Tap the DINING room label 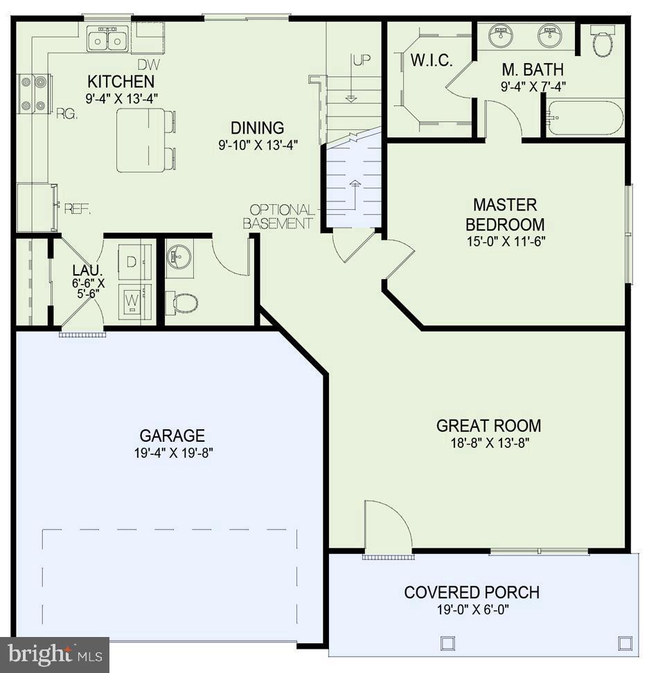point(257,128)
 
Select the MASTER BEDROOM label point(505,215)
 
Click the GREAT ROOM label point(488,426)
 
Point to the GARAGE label point(172,436)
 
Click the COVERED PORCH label point(472,593)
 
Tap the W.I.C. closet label point(432,61)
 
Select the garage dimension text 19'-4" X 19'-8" point(172,454)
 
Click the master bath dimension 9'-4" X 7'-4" point(533,87)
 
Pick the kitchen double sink point(109,39)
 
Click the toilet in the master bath point(603,43)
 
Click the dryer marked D point(134,262)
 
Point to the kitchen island point(141,140)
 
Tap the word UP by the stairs point(362,60)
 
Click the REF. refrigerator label point(78,208)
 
